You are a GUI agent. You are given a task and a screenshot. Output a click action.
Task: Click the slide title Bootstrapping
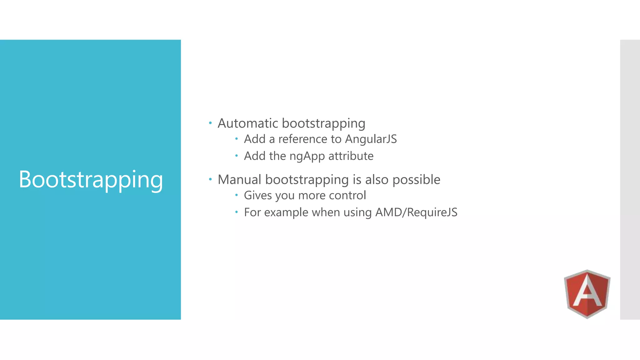point(91,179)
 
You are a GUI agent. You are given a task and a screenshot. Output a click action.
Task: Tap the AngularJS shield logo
point(587,294)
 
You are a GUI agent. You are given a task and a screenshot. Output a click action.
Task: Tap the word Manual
point(239,180)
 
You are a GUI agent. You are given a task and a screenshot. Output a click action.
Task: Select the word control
point(347,195)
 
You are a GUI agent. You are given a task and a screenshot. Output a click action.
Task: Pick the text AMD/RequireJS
point(416,212)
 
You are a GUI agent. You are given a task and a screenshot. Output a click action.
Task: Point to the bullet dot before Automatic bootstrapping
point(210,123)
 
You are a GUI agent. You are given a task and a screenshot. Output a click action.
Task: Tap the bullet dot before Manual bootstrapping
point(210,179)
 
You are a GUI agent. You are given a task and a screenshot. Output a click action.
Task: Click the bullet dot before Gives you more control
point(237,195)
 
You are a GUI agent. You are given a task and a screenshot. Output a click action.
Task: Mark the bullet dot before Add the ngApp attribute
point(237,155)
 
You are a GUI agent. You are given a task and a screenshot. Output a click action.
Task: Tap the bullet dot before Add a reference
point(237,138)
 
